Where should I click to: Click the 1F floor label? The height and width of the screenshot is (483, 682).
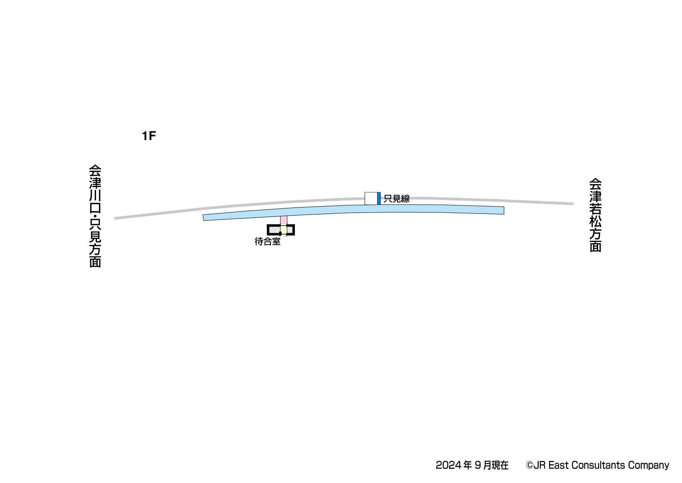coord(149,136)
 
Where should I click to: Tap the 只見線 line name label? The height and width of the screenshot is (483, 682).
coord(396,199)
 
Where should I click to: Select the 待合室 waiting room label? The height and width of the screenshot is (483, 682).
coord(267,241)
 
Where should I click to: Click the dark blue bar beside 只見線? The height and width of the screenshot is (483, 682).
coord(379,198)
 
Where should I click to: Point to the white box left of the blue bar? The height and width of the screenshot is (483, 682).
coord(371,198)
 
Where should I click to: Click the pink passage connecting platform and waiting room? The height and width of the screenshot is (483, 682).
coord(283,220)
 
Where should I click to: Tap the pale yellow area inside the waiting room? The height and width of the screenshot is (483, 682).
coord(283,230)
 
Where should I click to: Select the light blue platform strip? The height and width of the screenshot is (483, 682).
coord(353,212)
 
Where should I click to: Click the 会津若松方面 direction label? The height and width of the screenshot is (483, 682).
coord(595,215)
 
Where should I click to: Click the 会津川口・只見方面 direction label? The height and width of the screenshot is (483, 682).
coord(95,216)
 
